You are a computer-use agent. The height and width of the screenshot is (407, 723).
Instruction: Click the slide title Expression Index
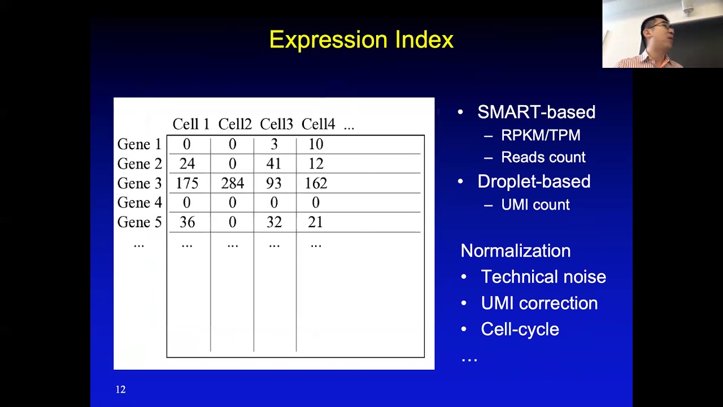click(361, 40)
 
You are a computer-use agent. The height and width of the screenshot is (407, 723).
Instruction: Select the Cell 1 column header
click(190, 124)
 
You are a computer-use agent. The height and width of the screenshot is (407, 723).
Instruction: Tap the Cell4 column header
click(318, 124)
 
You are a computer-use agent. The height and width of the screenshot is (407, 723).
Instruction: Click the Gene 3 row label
click(139, 184)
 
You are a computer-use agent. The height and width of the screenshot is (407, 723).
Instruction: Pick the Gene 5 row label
click(139, 223)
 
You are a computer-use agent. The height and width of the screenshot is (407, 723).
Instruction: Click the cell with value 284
click(232, 184)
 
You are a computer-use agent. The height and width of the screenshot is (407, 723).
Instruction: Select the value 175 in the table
click(187, 184)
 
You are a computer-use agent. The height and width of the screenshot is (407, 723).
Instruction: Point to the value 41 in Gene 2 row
click(274, 164)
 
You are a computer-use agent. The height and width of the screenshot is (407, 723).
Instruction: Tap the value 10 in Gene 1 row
click(316, 145)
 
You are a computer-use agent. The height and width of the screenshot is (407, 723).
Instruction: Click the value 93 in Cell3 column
click(274, 184)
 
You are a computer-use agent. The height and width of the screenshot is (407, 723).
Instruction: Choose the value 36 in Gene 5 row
click(187, 223)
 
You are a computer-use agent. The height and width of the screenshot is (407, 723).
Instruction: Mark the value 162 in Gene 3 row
click(316, 184)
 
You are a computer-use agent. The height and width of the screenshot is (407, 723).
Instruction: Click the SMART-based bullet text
click(536, 112)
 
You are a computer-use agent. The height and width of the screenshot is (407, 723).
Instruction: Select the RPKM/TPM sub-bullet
click(541, 136)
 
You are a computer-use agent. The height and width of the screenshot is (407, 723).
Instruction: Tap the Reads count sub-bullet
click(543, 158)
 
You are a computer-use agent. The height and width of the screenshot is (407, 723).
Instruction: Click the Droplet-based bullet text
click(534, 181)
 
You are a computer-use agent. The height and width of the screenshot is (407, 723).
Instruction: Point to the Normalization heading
click(515, 251)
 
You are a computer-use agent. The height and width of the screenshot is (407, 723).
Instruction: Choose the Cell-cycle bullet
click(520, 330)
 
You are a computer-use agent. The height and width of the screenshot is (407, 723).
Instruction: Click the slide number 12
click(120, 389)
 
